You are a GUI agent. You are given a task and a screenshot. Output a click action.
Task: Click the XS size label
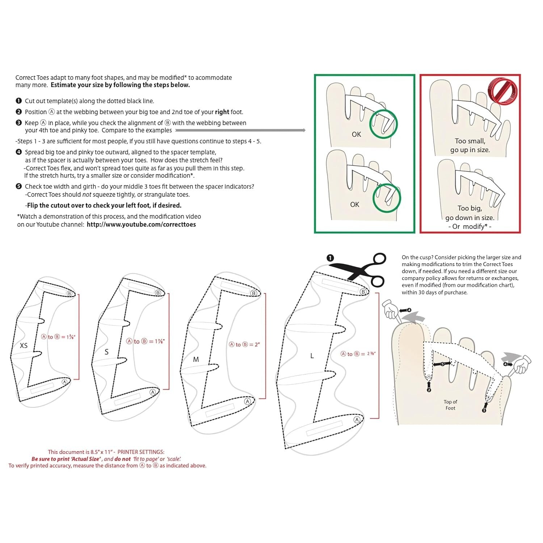24,346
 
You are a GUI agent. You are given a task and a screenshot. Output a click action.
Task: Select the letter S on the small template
106,352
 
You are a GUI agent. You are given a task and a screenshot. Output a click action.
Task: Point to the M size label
196,359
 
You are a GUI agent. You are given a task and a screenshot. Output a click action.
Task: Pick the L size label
312,356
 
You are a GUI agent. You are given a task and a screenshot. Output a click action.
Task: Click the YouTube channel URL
141,224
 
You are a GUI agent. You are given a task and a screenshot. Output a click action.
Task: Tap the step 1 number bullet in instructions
19,101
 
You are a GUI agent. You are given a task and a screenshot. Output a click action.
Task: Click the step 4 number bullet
19,152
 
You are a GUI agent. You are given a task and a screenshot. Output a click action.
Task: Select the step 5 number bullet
19,186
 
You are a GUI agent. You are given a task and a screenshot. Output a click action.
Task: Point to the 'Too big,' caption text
470,208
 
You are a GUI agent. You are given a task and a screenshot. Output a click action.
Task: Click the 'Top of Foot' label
450,405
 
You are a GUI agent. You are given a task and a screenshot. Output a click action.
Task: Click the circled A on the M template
248,401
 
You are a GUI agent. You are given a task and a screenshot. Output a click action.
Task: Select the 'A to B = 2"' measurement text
244,345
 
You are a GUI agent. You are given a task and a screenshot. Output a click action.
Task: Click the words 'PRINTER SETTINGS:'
141,452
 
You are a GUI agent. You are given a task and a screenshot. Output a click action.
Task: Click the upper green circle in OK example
383,123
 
